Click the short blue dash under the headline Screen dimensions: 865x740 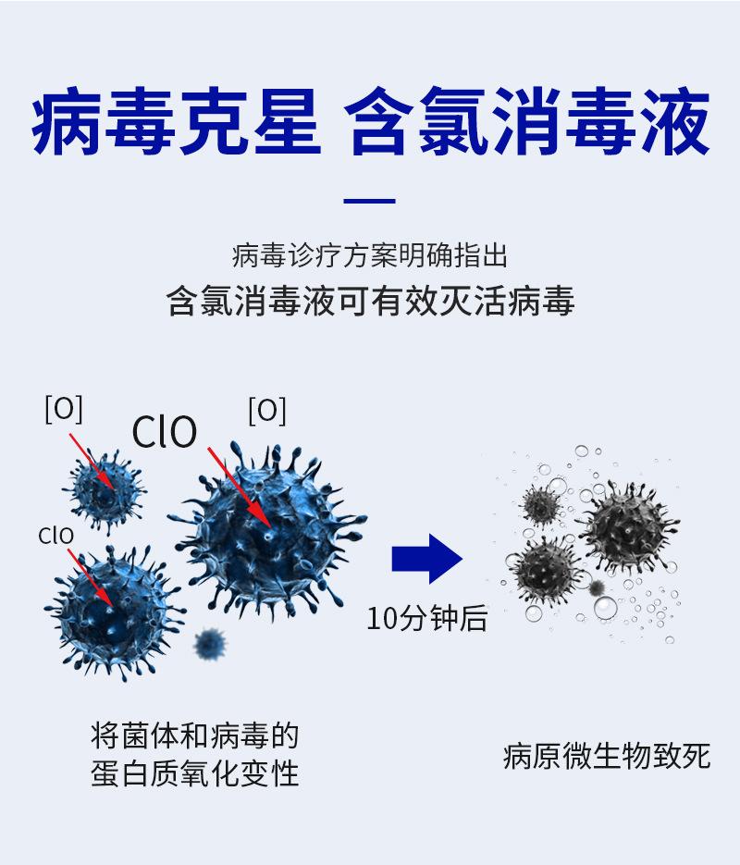[x=369, y=202]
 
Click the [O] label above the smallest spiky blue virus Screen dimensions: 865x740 [x=64, y=409]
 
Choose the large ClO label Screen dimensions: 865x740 [x=165, y=432]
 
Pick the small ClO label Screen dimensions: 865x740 [x=55, y=536]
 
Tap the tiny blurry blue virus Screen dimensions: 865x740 [x=211, y=642]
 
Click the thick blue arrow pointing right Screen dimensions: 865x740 [x=426, y=559]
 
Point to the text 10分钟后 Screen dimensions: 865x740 [x=426, y=617]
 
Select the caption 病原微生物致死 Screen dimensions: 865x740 [x=607, y=756]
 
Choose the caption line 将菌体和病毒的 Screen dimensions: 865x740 [x=195, y=736]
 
